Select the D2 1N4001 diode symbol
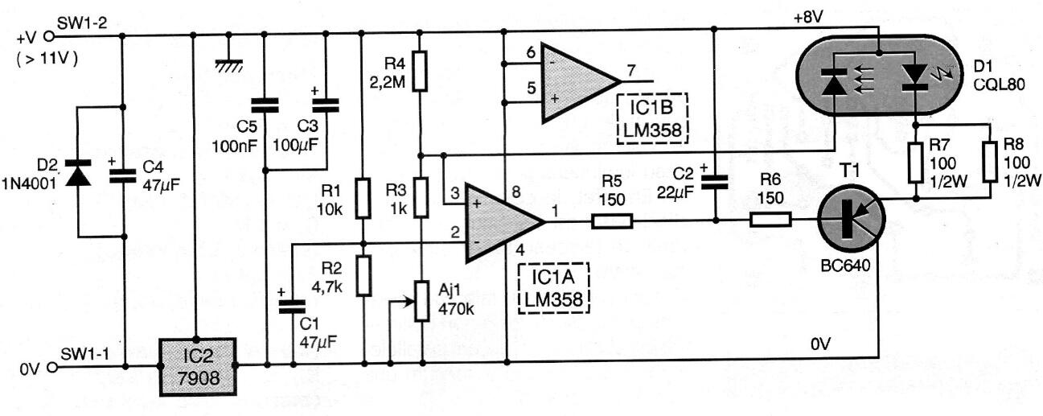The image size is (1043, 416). click(x=77, y=174)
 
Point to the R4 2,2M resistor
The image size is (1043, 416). click(x=419, y=74)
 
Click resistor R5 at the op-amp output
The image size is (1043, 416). click(x=612, y=220)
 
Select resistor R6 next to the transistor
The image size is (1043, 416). click(x=770, y=220)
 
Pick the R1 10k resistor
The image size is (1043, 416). click(x=363, y=199)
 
